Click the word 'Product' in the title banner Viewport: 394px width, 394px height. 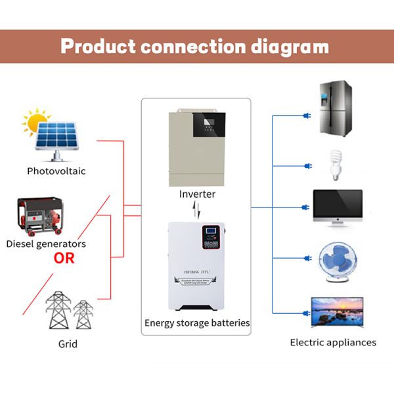pyautogui.click(x=99, y=47)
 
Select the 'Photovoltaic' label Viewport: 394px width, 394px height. pyautogui.click(x=56, y=171)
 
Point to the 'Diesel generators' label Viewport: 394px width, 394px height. pyautogui.click(x=46, y=244)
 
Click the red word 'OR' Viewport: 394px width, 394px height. pyautogui.click(x=64, y=258)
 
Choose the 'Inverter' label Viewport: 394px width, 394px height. pyautogui.click(x=197, y=194)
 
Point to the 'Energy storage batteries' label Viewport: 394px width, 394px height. pyautogui.click(x=197, y=323)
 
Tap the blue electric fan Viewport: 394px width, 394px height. pyautogui.click(x=337, y=263)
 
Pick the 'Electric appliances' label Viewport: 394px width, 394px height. pyautogui.click(x=333, y=342)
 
